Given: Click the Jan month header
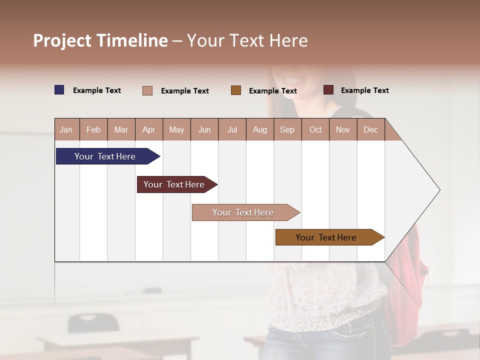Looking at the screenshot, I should pyautogui.click(x=66, y=129).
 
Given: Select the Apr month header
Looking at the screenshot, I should pyautogui.click(x=148, y=129).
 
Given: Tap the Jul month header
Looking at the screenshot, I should pyautogui.click(x=232, y=129).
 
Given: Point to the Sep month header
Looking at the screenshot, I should pyautogui.click(x=287, y=129).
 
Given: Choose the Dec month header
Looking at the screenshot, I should pyautogui.click(x=370, y=129).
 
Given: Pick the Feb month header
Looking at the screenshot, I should pyautogui.click(x=93, y=129).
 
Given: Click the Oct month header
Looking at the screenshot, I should pyautogui.click(x=315, y=129).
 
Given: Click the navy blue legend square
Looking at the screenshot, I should pyautogui.click(x=59, y=90).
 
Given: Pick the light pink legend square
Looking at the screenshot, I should pyautogui.click(x=147, y=90).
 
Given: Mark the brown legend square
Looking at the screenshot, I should pyautogui.click(x=236, y=90).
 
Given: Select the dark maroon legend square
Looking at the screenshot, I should pyautogui.click(x=328, y=90).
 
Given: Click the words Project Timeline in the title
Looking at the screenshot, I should pyautogui.click(x=100, y=40).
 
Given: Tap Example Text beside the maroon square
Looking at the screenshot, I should pyautogui.click(x=364, y=90).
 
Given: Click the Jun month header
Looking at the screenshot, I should pyautogui.click(x=204, y=129).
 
